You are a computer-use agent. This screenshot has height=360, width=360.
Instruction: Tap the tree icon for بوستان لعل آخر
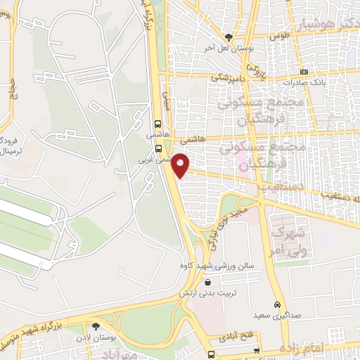[228, 37]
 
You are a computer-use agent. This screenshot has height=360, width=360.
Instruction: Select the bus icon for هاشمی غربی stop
[159, 148]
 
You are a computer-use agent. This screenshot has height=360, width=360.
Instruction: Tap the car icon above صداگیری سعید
[278, 305]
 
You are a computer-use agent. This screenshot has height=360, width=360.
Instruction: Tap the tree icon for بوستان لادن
[96, 326]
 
